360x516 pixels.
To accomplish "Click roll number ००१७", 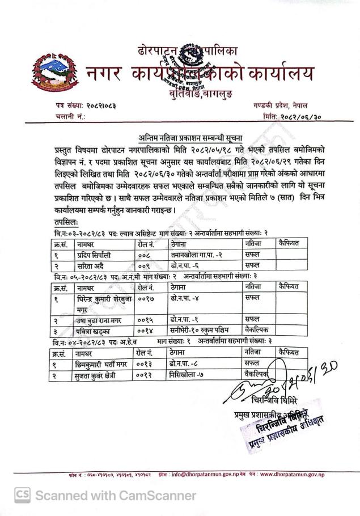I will coord(146,298).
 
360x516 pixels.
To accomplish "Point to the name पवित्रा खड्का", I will coord(97,329).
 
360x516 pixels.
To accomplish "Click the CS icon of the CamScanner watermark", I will coord(23,495).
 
